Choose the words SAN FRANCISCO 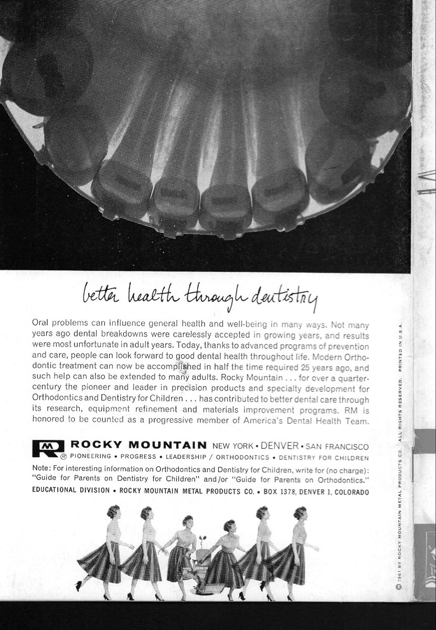click(337, 447)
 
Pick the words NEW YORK click(234, 446)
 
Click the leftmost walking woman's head click(113, 511)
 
